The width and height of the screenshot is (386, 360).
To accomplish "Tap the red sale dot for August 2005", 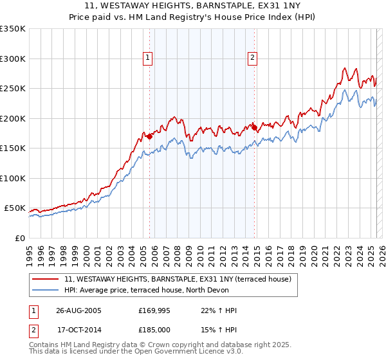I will point(149,136).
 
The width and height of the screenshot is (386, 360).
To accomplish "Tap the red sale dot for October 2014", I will point(254,127).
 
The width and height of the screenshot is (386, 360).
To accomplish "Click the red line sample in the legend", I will point(45,279).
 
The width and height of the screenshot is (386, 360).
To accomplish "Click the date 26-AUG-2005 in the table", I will point(78,310).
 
